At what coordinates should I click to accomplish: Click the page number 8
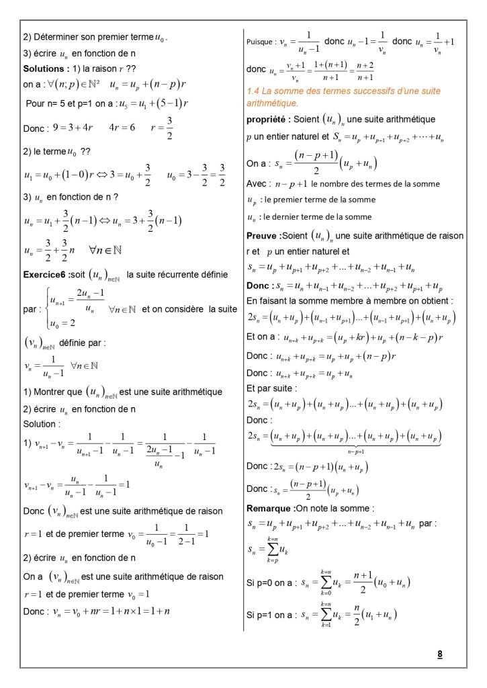(x=439, y=653)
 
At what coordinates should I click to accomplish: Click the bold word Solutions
(x=45, y=69)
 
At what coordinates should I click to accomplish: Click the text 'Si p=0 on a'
(x=270, y=583)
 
